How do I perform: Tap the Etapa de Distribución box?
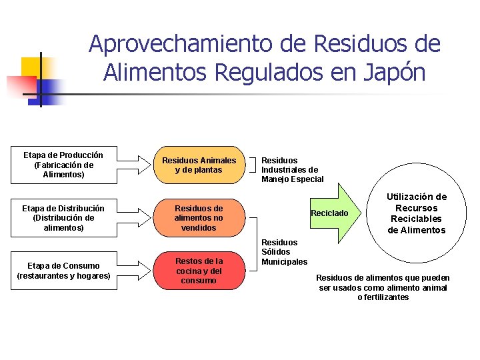pyautogui.click(x=63, y=218)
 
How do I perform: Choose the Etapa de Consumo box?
pyautogui.click(x=64, y=271)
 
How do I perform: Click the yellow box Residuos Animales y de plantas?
pyautogui.click(x=199, y=165)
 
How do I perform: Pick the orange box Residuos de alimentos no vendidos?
pyautogui.click(x=199, y=218)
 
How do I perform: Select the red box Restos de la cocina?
pyautogui.click(x=199, y=271)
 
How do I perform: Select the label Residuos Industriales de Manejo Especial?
pyautogui.click(x=292, y=169)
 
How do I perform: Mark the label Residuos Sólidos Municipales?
pyautogui.click(x=284, y=252)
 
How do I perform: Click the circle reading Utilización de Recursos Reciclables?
pyautogui.click(x=417, y=213)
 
